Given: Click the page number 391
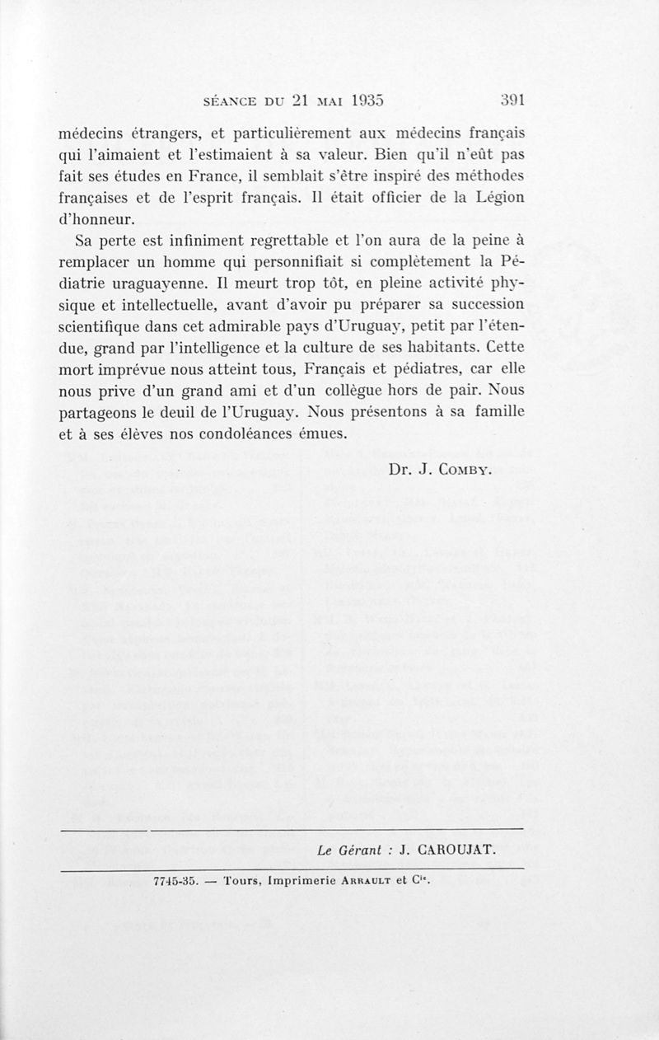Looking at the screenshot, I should [512, 100].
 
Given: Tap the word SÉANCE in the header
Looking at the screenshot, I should [216, 101].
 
